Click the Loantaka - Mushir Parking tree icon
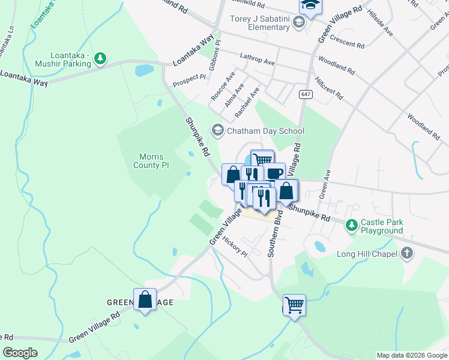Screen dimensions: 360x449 coord(101,58)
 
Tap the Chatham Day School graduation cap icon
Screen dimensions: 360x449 coord(217,130)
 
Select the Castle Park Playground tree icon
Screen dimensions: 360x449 coord(351,225)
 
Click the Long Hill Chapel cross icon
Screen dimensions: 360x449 coord(407,253)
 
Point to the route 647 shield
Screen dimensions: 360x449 coord(306,94)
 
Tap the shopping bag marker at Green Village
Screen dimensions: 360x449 coord(145,299)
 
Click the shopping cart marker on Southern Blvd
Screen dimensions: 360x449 coord(294,305)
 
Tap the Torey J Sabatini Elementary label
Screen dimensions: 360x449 coord(260,23)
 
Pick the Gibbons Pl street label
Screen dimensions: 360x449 coord(214,55)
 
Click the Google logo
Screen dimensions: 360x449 coord(20,353)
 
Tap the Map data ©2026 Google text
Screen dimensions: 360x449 coord(411,355)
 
